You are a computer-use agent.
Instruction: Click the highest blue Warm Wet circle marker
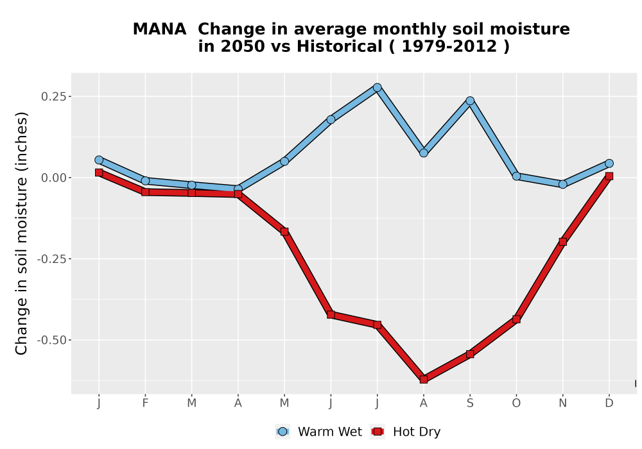pos(377,87)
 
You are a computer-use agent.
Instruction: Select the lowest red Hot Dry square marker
pos(424,380)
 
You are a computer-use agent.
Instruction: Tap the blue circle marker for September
pos(470,101)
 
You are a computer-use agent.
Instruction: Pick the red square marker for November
pos(562,242)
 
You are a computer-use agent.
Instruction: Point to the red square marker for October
pos(516,319)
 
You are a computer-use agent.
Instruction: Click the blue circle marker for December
pos(609,164)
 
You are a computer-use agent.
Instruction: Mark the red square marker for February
pos(145,192)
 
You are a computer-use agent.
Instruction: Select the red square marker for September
pos(470,353)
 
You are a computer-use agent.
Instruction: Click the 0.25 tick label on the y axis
pos(54,96)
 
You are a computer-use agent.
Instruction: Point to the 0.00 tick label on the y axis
pos(54,178)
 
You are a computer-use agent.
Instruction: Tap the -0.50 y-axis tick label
pos(51,340)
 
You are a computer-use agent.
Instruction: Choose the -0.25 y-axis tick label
pos(51,259)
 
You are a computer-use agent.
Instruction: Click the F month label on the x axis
pos(145,403)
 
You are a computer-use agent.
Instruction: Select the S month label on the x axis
pos(470,403)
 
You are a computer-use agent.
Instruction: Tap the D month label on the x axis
pos(609,403)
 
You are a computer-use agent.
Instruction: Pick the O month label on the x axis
pos(516,403)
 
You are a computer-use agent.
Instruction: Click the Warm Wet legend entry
pos(318,432)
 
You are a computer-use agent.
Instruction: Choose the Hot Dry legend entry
pos(405,432)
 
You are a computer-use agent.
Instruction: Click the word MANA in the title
pos(159,30)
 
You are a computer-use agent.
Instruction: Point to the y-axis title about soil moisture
pos(21,233)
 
